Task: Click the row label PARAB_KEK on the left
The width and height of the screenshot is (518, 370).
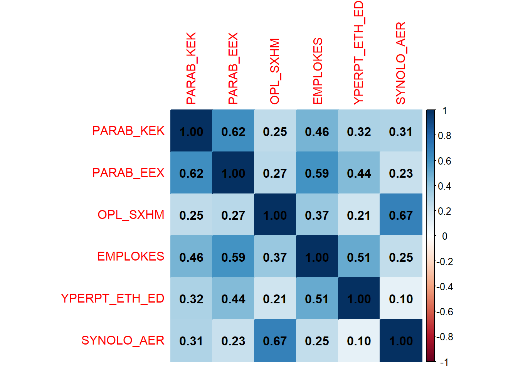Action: point(128,131)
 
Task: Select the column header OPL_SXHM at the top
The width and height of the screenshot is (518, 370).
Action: point(275,71)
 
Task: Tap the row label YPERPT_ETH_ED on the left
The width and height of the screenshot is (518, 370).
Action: point(113,299)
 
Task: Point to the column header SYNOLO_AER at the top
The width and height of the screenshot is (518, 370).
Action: point(401,63)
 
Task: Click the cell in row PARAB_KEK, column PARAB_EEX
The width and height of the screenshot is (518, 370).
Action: point(233,131)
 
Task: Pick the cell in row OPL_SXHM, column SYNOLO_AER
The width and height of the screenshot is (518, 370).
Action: point(401,215)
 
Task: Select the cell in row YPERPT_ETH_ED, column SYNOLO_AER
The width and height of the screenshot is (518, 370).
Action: point(401,299)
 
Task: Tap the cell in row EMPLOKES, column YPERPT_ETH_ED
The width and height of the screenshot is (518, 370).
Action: point(359,257)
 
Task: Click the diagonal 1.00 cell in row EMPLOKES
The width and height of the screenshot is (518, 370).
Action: point(317,257)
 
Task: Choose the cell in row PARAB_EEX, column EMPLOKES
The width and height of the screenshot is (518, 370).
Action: point(317,173)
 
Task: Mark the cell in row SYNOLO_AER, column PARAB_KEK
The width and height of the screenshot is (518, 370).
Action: point(191,341)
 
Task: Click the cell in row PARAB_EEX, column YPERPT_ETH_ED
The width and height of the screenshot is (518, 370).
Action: point(359,173)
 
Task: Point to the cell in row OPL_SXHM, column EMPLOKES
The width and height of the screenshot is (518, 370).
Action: point(317,215)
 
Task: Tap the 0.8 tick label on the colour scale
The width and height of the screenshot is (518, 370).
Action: point(444,136)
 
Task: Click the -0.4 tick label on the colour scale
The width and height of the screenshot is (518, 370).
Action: point(444,287)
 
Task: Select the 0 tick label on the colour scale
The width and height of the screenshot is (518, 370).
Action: point(444,236)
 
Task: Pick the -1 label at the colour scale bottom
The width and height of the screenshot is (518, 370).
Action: point(444,362)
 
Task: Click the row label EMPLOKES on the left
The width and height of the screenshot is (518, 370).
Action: point(131,257)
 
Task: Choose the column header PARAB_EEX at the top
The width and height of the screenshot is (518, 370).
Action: point(233,69)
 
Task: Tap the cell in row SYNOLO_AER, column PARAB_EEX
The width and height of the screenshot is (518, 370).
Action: point(233,341)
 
